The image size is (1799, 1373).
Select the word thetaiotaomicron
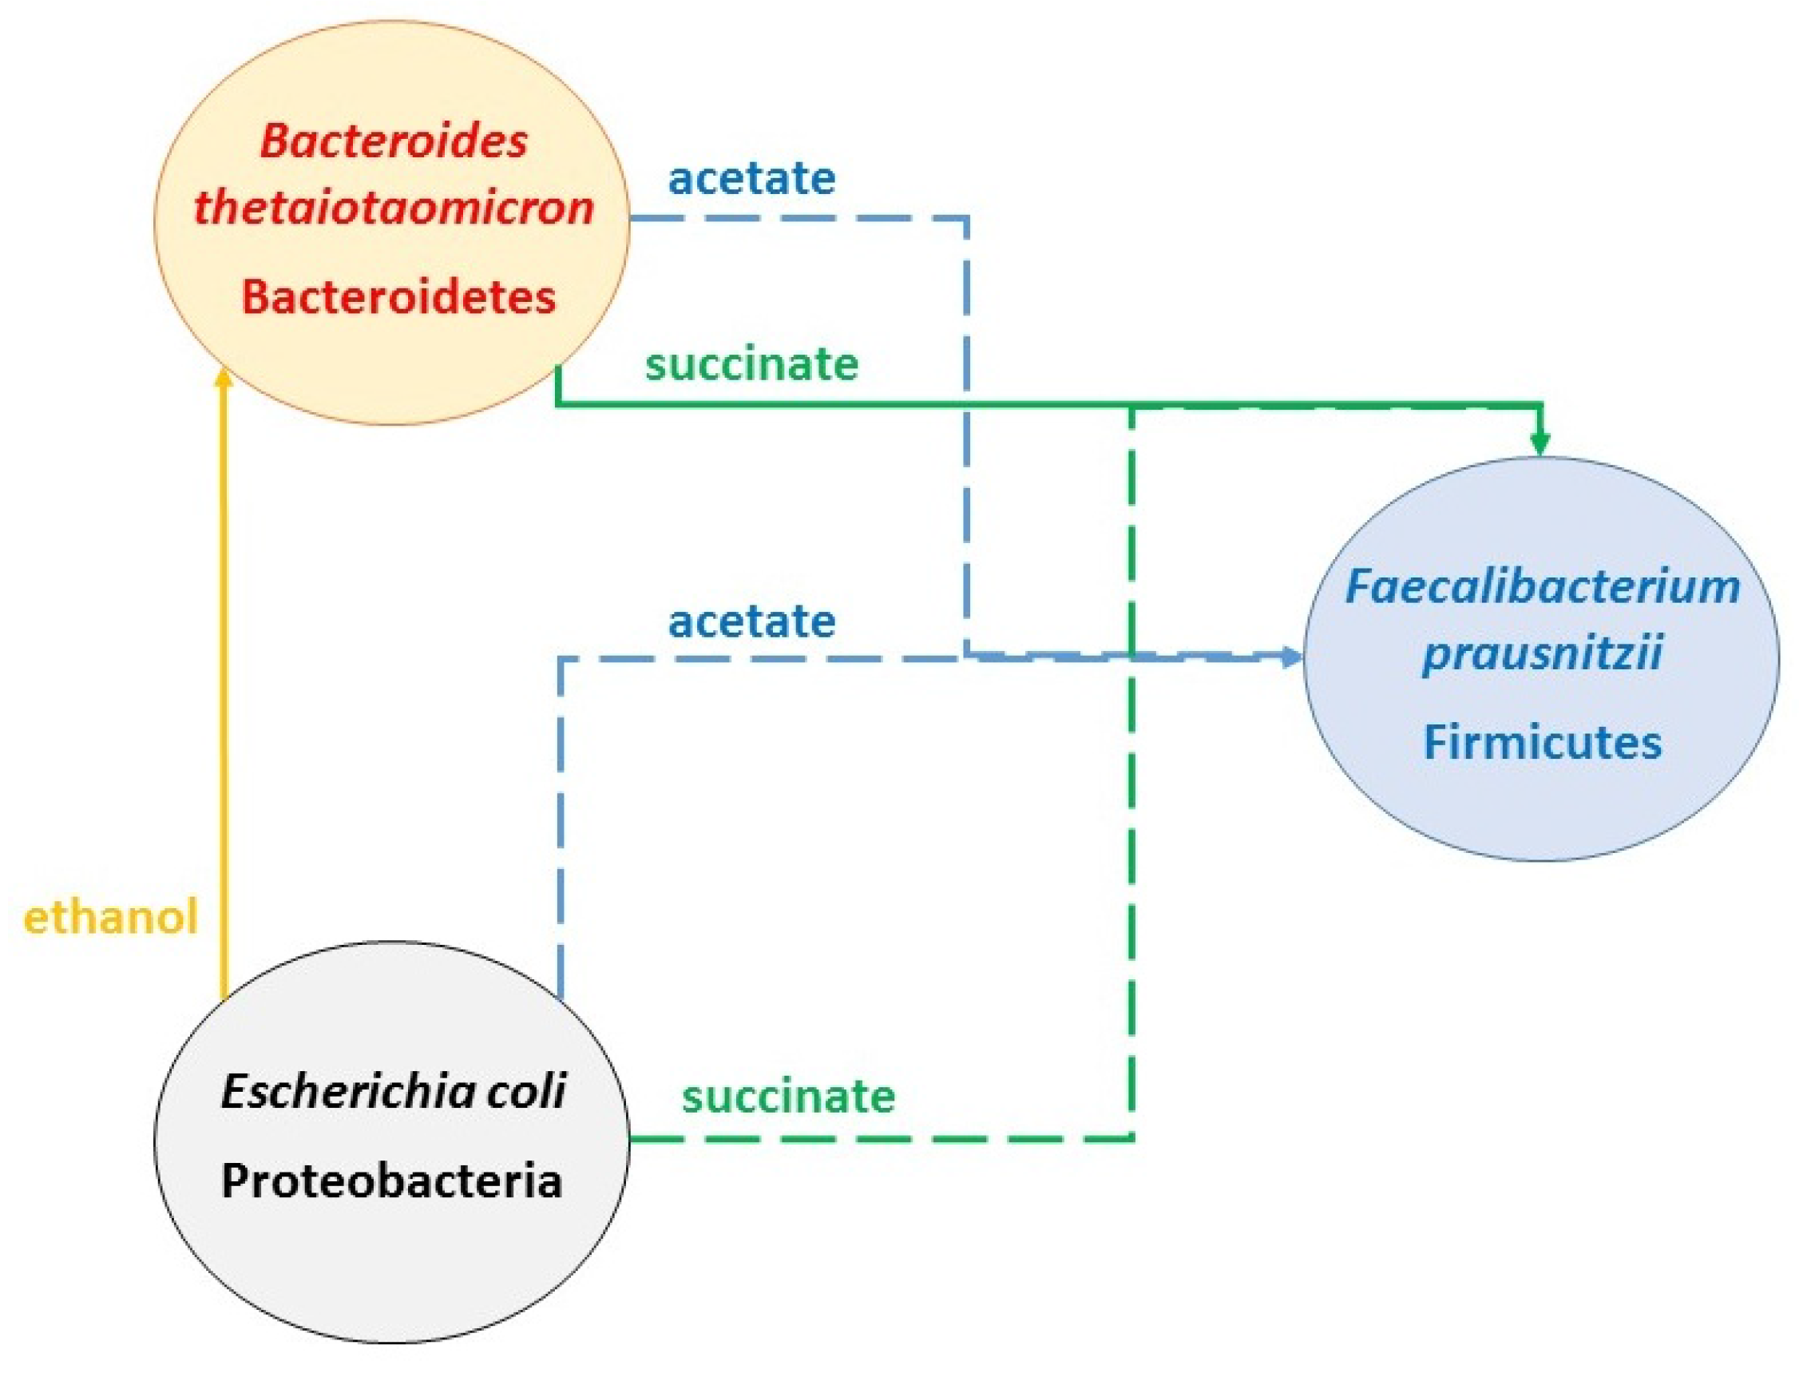393,208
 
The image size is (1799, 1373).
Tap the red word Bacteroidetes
398,296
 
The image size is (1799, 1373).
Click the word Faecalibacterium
1542,587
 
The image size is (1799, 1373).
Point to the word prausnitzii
1542,654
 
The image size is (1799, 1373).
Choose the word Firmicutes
1542,743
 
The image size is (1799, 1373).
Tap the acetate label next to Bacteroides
751,178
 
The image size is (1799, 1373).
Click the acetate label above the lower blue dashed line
751,622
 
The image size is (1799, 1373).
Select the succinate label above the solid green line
751,363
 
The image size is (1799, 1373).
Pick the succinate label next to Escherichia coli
788,1097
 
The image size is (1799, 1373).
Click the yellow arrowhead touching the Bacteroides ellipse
223,379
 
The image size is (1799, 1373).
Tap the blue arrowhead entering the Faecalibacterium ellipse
1292,657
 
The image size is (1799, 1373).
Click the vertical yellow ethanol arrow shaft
223,695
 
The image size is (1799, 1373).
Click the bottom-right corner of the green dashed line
1131,1137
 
